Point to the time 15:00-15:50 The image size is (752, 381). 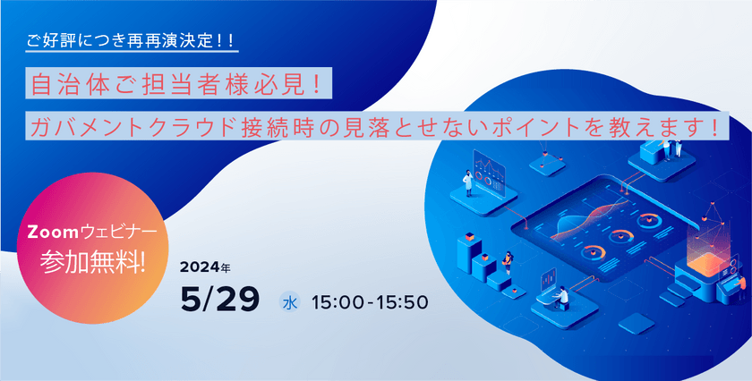(x=369, y=302)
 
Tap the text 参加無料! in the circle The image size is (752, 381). (x=93, y=262)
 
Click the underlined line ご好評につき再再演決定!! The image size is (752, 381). (x=131, y=40)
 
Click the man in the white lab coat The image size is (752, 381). (x=467, y=182)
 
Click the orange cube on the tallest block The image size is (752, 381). (x=469, y=236)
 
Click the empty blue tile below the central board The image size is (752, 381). (x=636, y=323)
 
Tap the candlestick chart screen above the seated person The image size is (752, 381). (x=548, y=279)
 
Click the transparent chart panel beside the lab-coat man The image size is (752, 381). (x=489, y=173)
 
